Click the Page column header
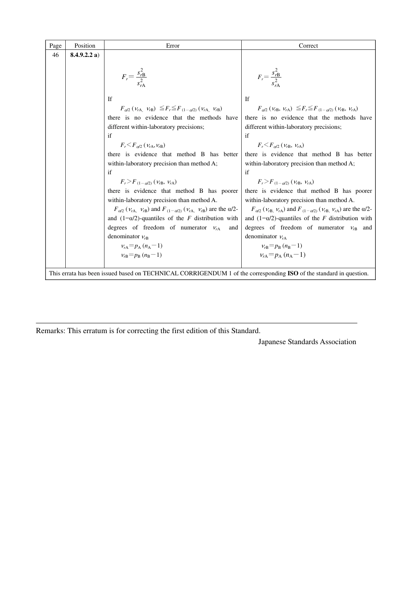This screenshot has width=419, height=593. (x=55, y=45)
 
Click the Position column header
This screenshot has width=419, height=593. (x=85, y=45)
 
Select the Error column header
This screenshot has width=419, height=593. (x=172, y=45)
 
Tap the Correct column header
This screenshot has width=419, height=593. (x=308, y=45)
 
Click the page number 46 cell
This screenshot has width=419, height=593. (x=55, y=55)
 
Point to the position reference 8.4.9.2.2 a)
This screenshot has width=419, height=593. (x=85, y=55)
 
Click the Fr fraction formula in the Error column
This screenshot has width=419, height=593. (x=134, y=77)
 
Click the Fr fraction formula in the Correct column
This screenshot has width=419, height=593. (x=269, y=77)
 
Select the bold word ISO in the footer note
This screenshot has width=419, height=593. (x=293, y=274)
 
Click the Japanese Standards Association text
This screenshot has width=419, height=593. (x=307, y=342)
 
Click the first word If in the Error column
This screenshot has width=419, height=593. (x=110, y=99)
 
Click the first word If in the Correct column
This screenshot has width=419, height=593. (x=247, y=99)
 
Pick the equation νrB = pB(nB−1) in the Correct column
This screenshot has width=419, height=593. (x=281, y=246)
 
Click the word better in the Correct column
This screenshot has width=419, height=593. (x=364, y=154)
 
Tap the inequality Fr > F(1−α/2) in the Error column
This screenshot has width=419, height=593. (x=148, y=182)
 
